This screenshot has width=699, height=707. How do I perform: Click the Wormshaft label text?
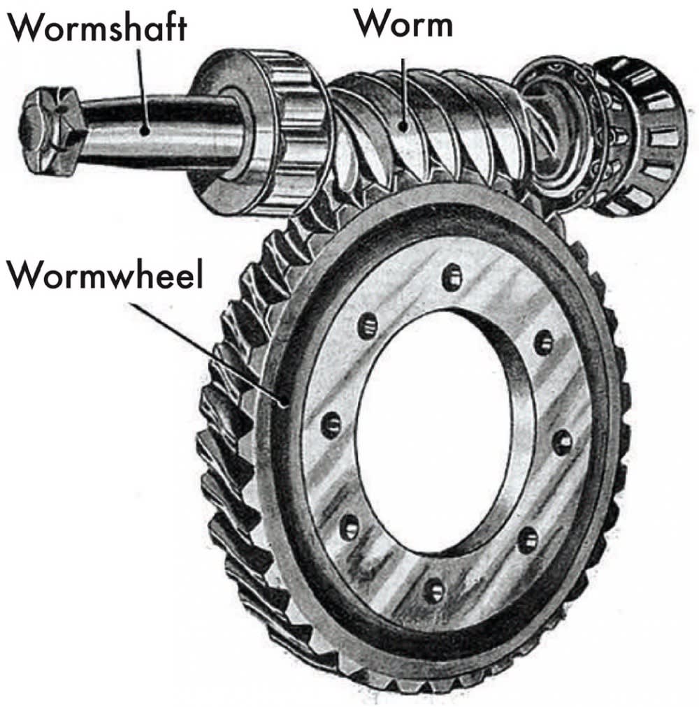(96, 27)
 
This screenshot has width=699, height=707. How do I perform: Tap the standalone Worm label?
(403, 24)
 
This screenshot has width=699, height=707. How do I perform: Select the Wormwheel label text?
(105, 275)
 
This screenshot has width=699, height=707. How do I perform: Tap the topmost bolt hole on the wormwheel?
(453, 277)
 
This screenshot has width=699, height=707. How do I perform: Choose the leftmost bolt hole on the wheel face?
(331, 425)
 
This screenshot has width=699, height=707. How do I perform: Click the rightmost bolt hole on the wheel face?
(563, 443)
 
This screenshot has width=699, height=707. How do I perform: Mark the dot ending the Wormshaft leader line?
(145, 131)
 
